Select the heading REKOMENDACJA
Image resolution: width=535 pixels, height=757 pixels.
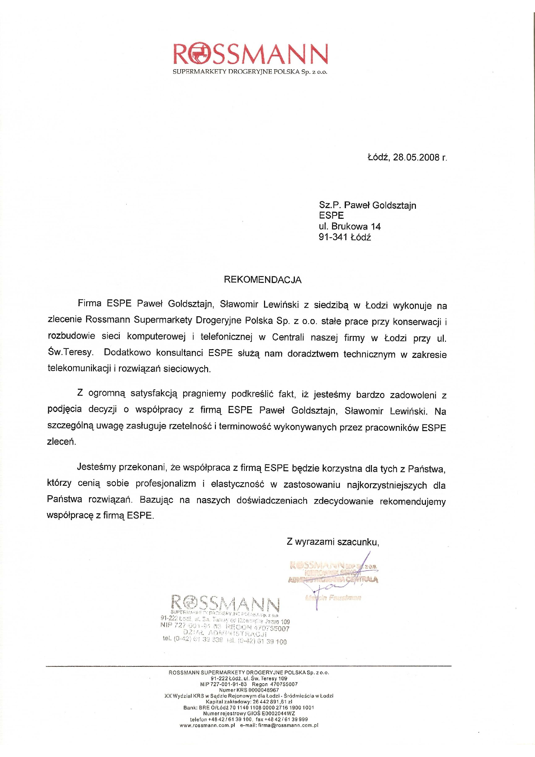[x=263, y=280]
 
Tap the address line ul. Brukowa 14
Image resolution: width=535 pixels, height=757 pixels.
[x=350, y=227]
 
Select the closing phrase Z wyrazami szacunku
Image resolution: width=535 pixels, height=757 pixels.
[x=333, y=542]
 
